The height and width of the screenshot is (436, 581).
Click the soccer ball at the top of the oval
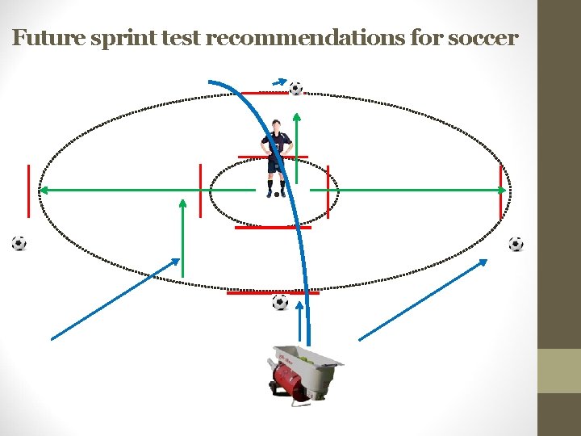(x=296, y=88)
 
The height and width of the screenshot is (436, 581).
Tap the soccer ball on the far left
(x=19, y=243)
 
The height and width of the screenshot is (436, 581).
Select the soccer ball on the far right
(x=516, y=244)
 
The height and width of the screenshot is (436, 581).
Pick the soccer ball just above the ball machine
(x=280, y=302)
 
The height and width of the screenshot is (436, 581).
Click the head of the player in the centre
(x=278, y=126)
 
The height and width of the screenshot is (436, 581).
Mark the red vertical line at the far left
(x=28, y=191)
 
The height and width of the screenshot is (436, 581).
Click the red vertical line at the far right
(x=505, y=191)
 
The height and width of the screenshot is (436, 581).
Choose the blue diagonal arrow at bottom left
(x=115, y=300)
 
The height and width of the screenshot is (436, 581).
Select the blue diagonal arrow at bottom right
(x=423, y=300)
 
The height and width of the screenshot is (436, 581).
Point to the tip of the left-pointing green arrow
(x=43, y=191)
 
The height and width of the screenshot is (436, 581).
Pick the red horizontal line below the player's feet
(x=272, y=228)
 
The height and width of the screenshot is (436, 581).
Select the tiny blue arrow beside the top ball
(x=278, y=82)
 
